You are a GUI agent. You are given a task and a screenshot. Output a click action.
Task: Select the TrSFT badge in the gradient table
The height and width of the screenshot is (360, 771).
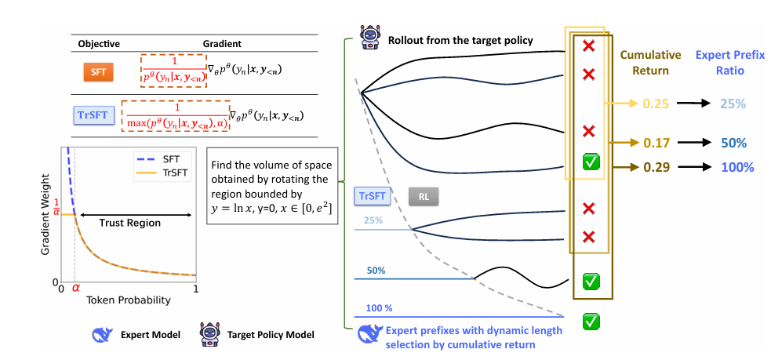[x=96, y=116]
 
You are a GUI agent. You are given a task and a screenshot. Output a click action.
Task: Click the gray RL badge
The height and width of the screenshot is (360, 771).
[x=422, y=195]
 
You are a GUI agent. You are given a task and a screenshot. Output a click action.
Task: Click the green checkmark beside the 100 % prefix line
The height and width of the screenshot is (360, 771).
[x=593, y=321]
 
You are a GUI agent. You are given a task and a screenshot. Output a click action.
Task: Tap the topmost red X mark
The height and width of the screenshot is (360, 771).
[x=588, y=47]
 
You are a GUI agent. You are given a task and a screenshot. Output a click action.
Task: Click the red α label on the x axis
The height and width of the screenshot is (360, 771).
[x=76, y=289]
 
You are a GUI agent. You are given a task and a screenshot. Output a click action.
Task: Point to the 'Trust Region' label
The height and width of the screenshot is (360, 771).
[x=129, y=223]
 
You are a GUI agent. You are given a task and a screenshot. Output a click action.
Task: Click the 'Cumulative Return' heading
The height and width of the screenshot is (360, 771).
[x=644, y=63]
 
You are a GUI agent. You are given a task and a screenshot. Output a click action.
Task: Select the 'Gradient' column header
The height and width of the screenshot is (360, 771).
[x=222, y=44]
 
